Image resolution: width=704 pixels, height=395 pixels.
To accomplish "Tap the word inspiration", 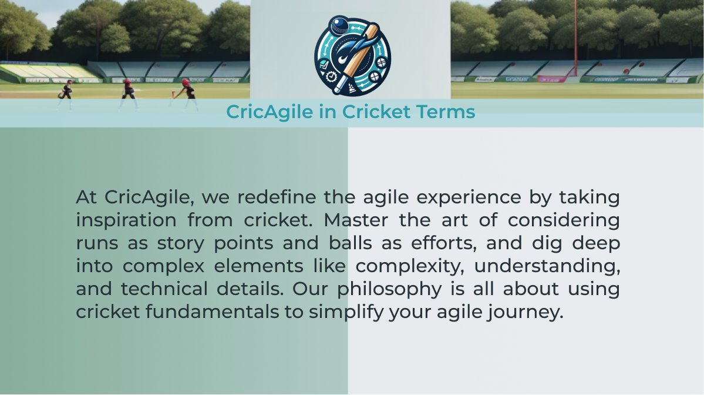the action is [x=126, y=220].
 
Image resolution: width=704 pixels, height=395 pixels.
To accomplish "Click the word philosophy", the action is [x=390, y=289].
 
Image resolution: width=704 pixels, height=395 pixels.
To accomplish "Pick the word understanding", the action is [x=547, y=266].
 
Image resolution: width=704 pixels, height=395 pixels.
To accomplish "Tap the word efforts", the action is [x=443, y=243].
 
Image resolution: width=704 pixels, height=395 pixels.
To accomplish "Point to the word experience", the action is [x=469, y=197].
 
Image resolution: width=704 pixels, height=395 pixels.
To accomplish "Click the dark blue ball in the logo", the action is [x=339, y=25].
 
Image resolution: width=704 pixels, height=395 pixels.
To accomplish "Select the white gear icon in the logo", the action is [x=331, y=77].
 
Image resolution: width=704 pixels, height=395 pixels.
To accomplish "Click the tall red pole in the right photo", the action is [x=575, y=38].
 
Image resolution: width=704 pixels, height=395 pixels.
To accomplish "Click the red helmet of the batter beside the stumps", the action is [x=186, y=82].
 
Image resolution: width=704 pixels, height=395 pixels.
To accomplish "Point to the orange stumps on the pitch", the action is [x=173, y=95].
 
